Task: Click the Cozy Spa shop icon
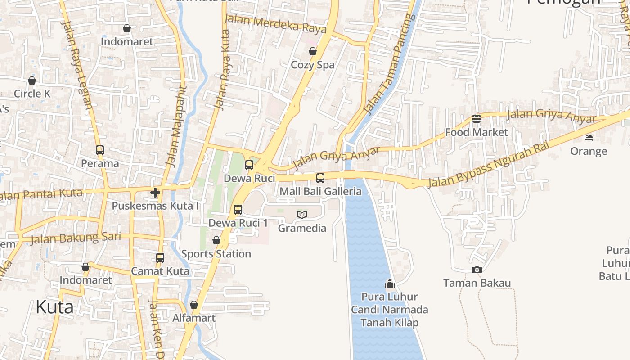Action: pos(313,52)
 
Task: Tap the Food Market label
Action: pos(477,132)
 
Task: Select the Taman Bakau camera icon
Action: pos(477,270)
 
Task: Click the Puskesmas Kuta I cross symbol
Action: pos(155,193)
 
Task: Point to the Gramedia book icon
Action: pos(302,215)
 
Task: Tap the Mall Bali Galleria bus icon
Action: pos(320,178)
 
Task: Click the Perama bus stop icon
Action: pos(100,150)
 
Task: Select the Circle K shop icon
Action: pos(32,81)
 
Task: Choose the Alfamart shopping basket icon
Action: pos(194,305)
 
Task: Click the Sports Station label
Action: pos(216,254)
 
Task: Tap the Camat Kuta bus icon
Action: pos(160,258)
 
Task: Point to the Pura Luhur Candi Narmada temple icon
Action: pos(390,284)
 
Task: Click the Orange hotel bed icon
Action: pos(589,137)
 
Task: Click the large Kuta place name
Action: pos(54,307)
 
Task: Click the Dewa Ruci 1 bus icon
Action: pos(238,210)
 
